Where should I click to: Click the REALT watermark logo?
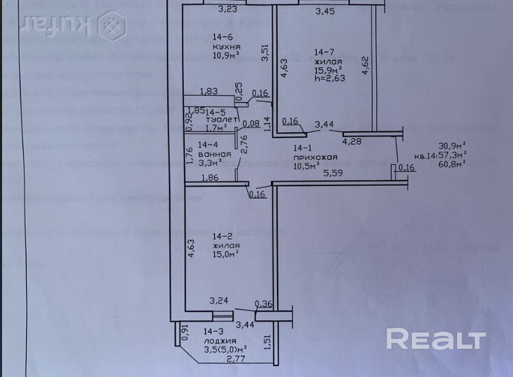click(x=436, y=339)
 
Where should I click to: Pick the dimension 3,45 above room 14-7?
click(x=326, y=12)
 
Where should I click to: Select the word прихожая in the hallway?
click(x=307, y=157)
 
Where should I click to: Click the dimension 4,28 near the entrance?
click(x=352, y=142)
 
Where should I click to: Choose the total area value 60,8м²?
click(x=452, y=164)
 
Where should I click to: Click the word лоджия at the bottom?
click(x=220, y=340)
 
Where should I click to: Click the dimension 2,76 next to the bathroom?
click(x=243, y=146)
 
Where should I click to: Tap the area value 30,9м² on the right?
click(x=452, y=145)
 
